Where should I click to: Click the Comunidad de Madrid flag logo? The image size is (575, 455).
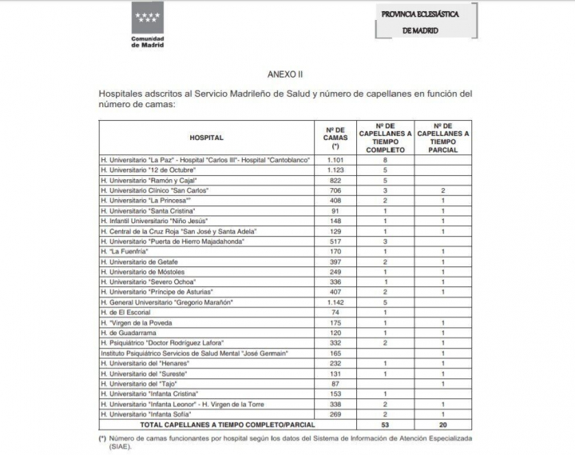pos(147,18)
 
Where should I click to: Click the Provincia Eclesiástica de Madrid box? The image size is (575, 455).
pos(428,22)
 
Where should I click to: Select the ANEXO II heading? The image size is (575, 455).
pos(285,74)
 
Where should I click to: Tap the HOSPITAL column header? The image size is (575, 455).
pos(207,138)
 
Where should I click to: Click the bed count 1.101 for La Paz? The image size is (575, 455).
pos(335,160)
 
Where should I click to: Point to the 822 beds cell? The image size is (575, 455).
pos(335,181)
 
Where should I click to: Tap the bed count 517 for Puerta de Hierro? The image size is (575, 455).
pos(335,241)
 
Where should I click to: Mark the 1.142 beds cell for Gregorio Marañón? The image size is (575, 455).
pos(335,301)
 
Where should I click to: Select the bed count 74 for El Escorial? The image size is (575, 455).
pos(335,312)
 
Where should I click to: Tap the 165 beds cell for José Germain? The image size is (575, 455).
pos(335,353)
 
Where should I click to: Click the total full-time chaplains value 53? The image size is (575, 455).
pos(386,425)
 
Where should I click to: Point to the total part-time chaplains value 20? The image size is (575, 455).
pos(442,425)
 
